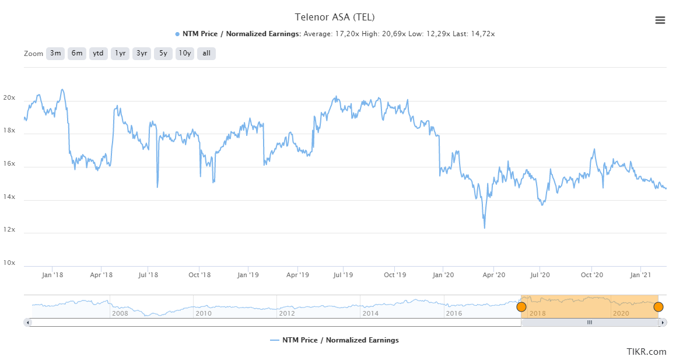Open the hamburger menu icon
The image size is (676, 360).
660,20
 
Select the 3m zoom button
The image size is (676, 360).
55,53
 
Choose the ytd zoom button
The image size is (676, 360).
99,53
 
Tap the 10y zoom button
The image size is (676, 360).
185,53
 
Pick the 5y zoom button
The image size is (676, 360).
163,53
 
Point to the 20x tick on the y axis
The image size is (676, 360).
9,98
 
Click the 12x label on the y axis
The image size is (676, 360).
9,230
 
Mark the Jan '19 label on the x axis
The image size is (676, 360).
249,275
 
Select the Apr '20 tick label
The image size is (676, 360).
495,275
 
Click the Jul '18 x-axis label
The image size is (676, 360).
149,275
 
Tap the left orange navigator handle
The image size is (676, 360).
521,307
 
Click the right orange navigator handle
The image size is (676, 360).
659,307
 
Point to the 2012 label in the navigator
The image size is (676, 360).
287,313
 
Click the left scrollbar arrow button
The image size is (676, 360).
27,322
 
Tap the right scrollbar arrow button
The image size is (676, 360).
664,322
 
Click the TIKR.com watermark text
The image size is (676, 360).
646,351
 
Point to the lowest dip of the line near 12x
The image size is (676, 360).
485,228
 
